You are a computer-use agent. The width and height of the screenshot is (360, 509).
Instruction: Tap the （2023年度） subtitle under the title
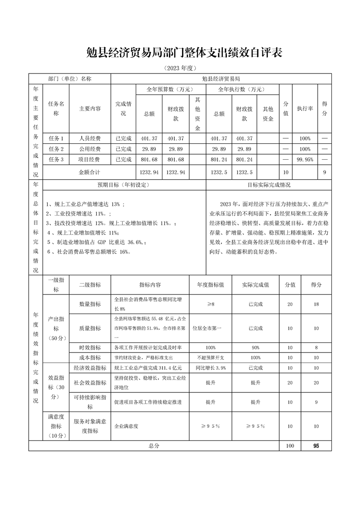coord(180,68)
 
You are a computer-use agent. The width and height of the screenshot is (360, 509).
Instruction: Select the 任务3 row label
coord(56,160)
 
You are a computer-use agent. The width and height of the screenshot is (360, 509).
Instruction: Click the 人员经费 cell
coord(90,138)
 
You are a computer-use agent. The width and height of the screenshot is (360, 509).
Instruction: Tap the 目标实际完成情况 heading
coord(269,185)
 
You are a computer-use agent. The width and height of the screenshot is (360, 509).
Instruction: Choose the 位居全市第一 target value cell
coord(210,328)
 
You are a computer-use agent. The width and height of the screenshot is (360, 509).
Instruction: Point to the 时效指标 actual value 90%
coord(256,347)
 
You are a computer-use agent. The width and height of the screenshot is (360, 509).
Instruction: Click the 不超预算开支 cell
coord(210,357)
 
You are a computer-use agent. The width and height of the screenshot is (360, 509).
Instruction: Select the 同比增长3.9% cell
coord(210,367)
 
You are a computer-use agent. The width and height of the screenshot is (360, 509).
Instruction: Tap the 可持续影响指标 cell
coord(90,402)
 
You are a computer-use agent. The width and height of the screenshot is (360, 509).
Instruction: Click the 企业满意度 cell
coord(126,426)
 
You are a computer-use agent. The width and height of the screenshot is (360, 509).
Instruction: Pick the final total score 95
coord(316,446)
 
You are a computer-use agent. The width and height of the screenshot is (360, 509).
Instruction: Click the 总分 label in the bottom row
coord(154,446)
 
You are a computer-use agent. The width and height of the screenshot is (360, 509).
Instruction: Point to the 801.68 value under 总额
coord(149,160)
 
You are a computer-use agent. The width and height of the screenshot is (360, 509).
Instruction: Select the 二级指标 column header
coord(90,285)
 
